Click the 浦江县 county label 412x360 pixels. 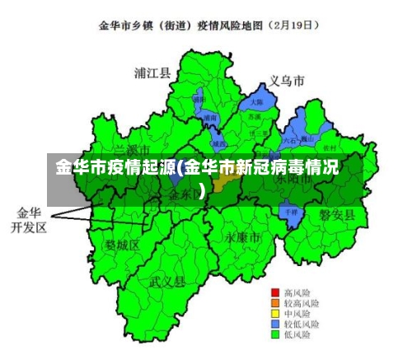point(152,72)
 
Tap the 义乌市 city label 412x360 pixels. point(287,81)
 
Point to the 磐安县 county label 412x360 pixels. point(337,215)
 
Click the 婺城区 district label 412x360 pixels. point(122,245)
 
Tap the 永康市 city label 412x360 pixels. point(242,236)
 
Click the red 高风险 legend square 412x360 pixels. point(276,292)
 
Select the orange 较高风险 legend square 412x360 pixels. point(276,303)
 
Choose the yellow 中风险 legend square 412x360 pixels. point(276,314)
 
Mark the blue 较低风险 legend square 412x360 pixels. point(276,325)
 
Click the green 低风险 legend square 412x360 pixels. point(276,335)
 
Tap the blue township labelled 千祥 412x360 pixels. point(290,212)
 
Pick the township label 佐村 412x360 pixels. point(330,147)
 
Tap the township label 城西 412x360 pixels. point(219,143)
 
